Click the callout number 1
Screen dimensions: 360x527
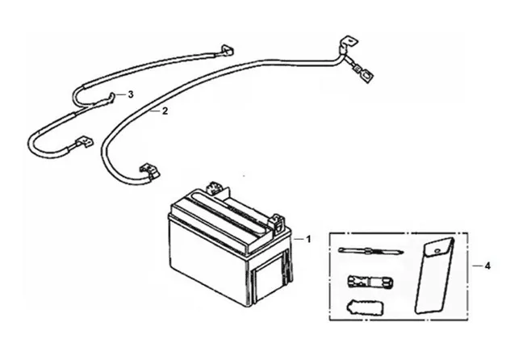(x=308, y=240)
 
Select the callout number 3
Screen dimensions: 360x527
(x=130, y=94)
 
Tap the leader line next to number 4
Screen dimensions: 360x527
(x=471, y=265)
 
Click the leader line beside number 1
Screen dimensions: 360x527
(x=297, y=240)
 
